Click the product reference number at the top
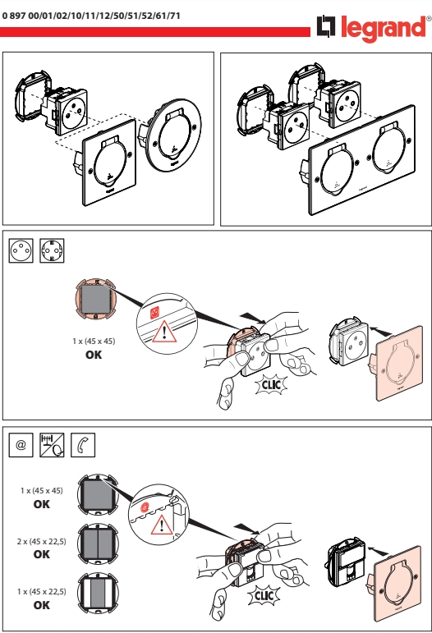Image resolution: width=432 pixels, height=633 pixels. coord(91,16)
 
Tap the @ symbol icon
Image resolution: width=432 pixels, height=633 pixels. coord(21,445)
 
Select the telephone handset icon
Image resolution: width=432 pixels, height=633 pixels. coord(83,445)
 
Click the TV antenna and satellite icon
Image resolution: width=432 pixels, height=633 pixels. coord(52,445)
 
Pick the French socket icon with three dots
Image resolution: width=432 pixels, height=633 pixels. coord(21,250)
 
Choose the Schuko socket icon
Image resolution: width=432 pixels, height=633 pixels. coord(52,250)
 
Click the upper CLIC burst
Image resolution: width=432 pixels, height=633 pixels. coord(272,384)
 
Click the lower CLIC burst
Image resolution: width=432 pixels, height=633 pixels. coord(264,595)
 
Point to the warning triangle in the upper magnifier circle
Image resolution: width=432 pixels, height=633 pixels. coord(164,332)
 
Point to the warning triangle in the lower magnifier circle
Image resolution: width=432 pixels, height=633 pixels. coord(162,525)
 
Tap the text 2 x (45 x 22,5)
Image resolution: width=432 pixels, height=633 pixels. coord(42,541)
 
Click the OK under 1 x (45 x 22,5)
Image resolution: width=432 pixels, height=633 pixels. coord(42,605)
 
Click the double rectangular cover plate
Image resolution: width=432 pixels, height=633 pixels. coord(362,159)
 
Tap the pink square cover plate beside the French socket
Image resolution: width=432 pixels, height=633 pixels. coord(400,364)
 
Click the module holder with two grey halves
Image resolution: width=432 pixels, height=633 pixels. coord(98,544)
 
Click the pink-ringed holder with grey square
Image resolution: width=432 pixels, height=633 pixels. coord(96,299)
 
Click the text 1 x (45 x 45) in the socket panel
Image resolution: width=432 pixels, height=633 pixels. coord(94,341)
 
